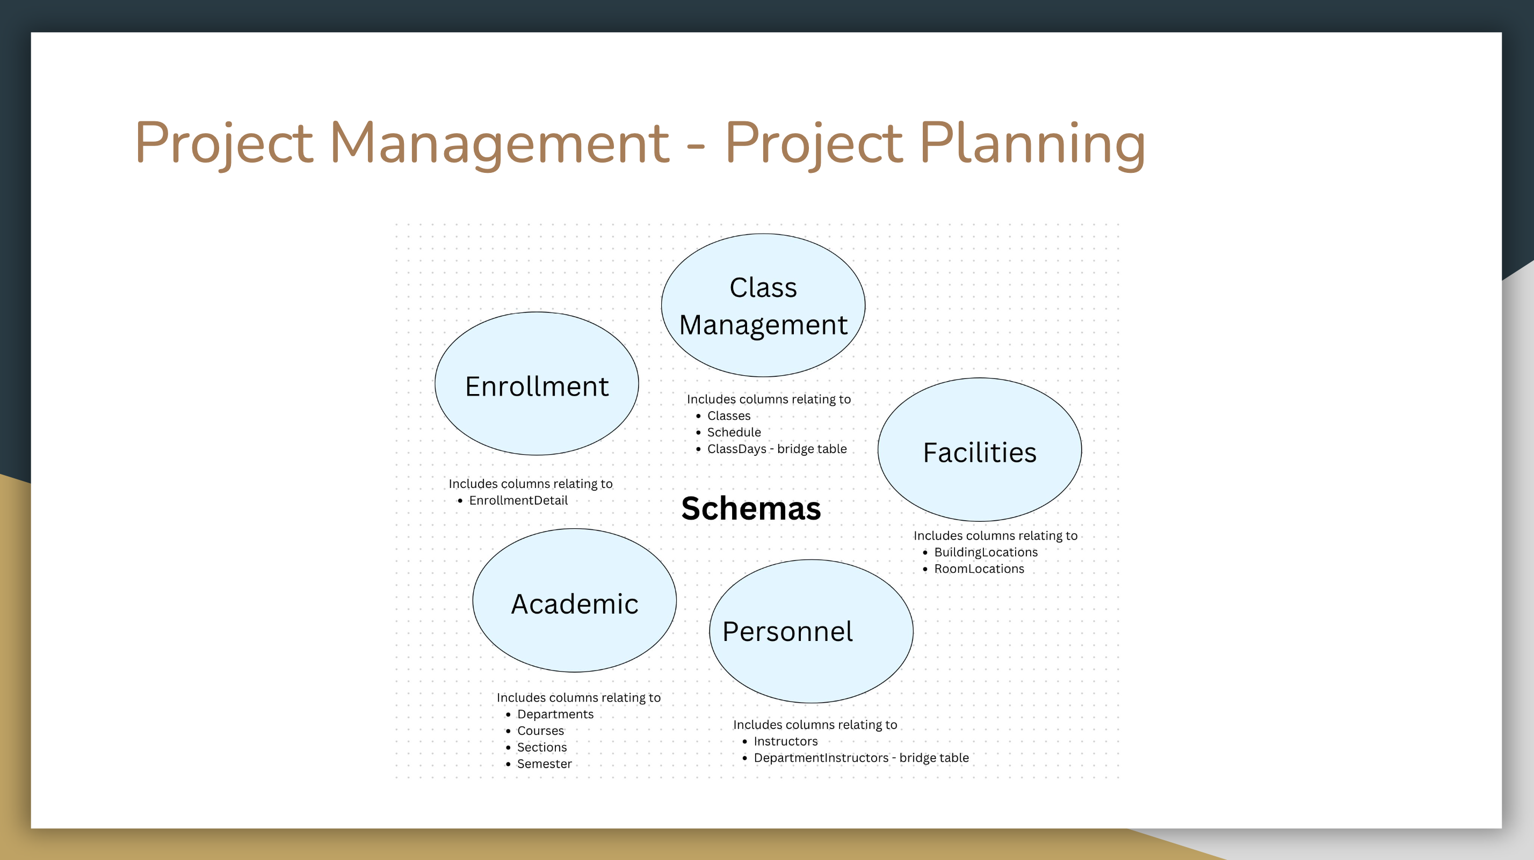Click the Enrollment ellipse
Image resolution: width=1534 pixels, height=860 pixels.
(x=537, y=384)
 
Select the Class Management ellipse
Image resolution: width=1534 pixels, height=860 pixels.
(x=763, y=305)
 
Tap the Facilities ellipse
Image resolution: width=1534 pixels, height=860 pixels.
(x=980, y=450)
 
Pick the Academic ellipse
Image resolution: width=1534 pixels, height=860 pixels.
(x=575, y=601)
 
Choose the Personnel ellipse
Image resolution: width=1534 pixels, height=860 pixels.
(x=811, y=631)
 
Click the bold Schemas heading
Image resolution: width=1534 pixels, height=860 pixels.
(x=751, y=508)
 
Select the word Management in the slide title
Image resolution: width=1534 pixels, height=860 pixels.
(x=500, y=143)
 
